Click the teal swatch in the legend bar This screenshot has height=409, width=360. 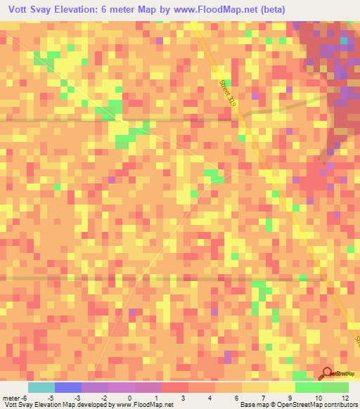(x=41, y=387)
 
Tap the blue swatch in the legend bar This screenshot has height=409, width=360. (x=68, y=387)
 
